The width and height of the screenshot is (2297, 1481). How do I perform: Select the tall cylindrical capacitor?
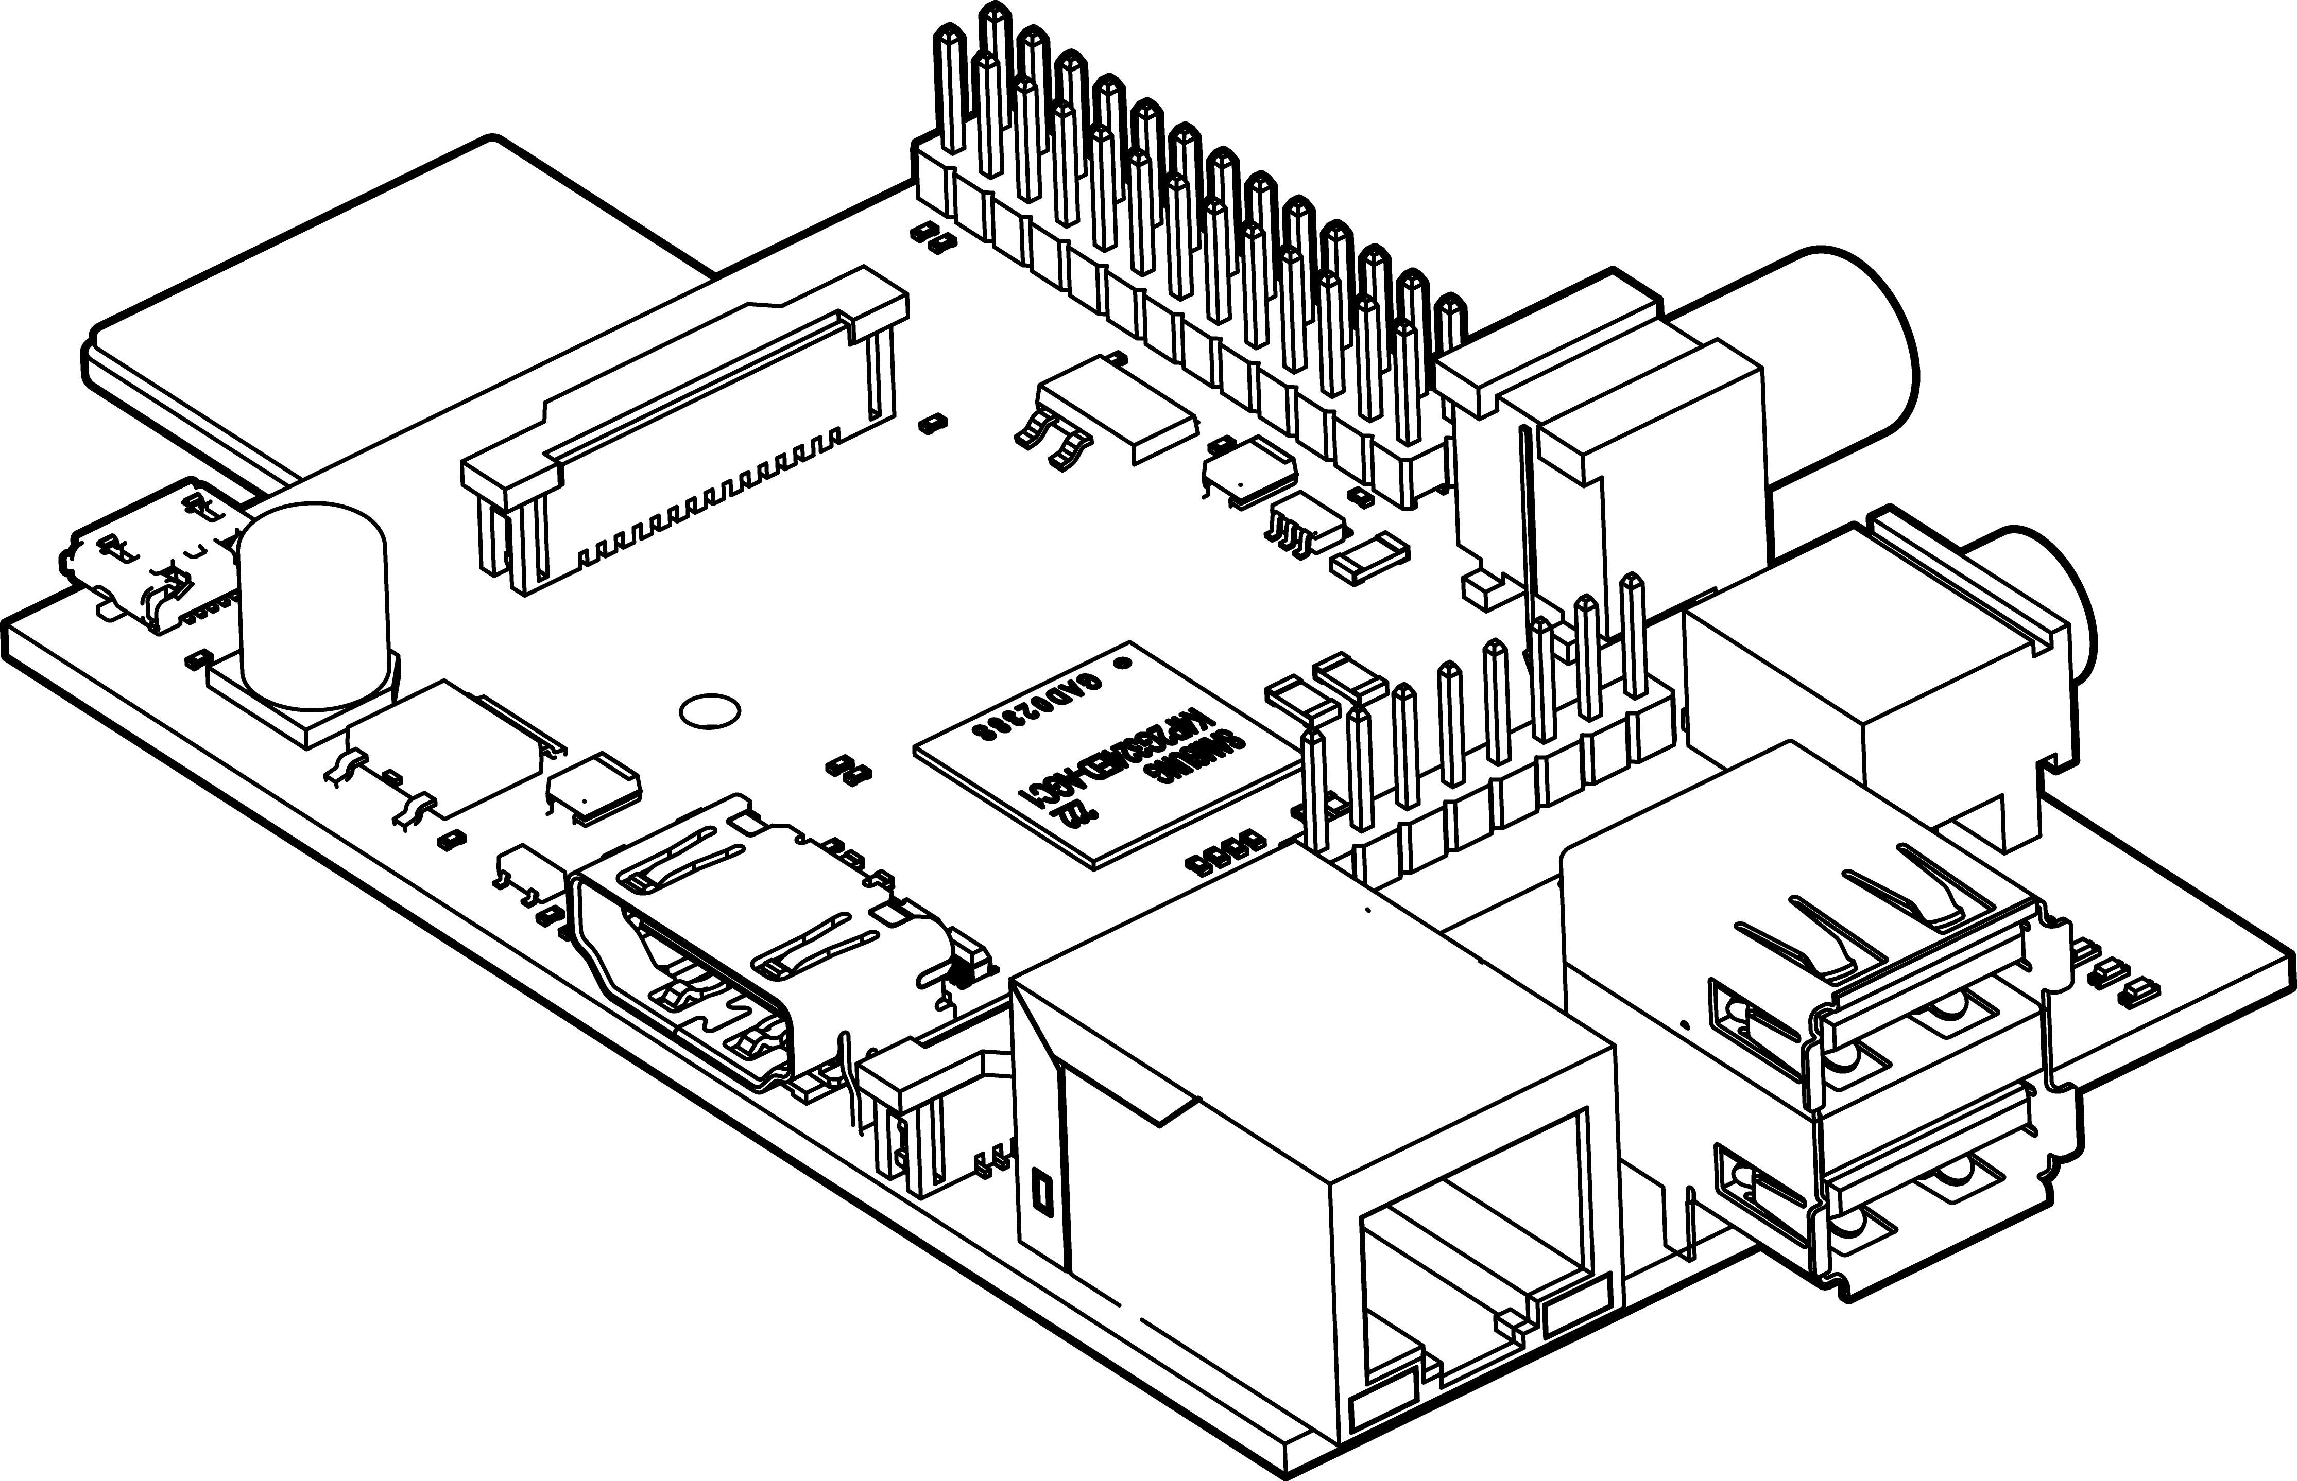[x=313, y=606]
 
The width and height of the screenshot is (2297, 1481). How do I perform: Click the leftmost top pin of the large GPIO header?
[x=950, y=86]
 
